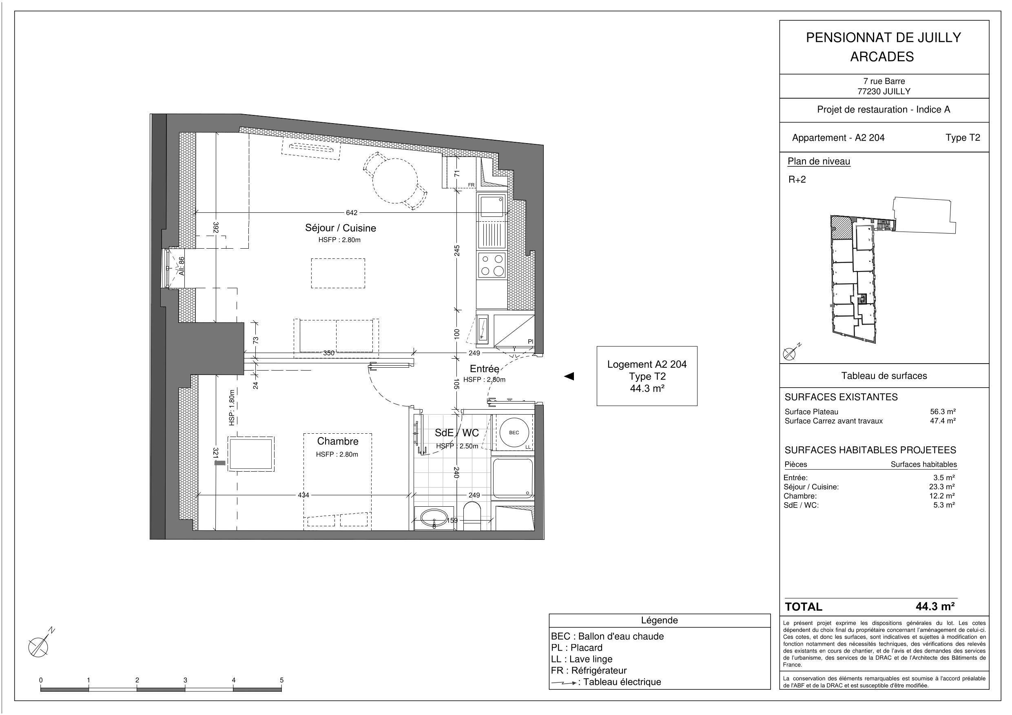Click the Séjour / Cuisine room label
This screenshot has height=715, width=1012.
click(340, 228)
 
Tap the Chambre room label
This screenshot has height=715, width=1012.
click(338, 441)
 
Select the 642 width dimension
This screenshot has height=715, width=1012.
click(351, 213)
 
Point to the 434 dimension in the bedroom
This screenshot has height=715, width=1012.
click(303, 495)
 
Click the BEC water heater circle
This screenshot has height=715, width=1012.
click(514, 433)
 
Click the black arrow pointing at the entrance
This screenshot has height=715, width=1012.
click(569, 376)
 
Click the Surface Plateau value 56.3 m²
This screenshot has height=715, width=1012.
click(943, 411)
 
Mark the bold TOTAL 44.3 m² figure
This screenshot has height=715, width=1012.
click(935, 606)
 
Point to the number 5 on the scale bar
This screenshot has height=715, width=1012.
click(281, 680)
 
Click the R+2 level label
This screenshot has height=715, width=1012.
click(797, 179)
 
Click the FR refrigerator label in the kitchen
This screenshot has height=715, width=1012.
click(471, 185)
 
